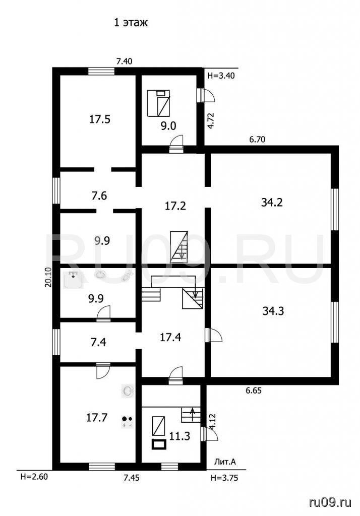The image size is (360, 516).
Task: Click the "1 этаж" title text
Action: click(x=131, y=22)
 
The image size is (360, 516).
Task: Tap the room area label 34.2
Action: click(x=272, y=202)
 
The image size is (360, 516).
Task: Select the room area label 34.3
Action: click(x=273, y=310)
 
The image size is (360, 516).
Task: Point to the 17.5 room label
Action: click(x=100, y=119)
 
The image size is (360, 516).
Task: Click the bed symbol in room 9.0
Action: click(x=158, y=103)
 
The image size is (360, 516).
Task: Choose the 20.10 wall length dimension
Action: click(x=48, y=278)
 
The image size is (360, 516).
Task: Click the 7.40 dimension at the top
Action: click(x=124, y=61)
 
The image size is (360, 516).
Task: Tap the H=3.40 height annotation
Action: click(x=221, y=76)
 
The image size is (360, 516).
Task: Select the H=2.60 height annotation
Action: click(x=34, y=477)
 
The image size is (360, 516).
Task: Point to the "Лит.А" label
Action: click(x=225, y=462)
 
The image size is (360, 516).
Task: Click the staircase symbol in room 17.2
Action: click(x=179, y=246)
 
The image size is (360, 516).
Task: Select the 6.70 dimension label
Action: click(x=257, y=140)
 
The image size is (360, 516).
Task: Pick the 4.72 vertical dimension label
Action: click(x=211, y=120)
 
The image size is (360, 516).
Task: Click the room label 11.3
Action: click(x=179, y=436)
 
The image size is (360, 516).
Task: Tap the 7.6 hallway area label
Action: click(x=99, y=196)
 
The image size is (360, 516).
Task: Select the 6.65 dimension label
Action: click(x=254, y=391)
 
